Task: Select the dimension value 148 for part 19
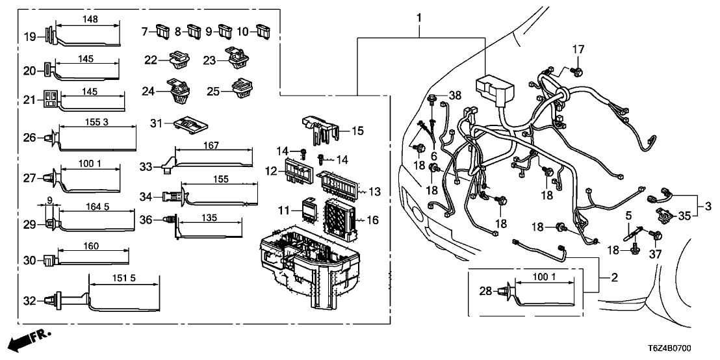(x=91, y=19)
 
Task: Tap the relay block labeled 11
(x=305, y=209)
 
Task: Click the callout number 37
(x=655, y=255)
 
